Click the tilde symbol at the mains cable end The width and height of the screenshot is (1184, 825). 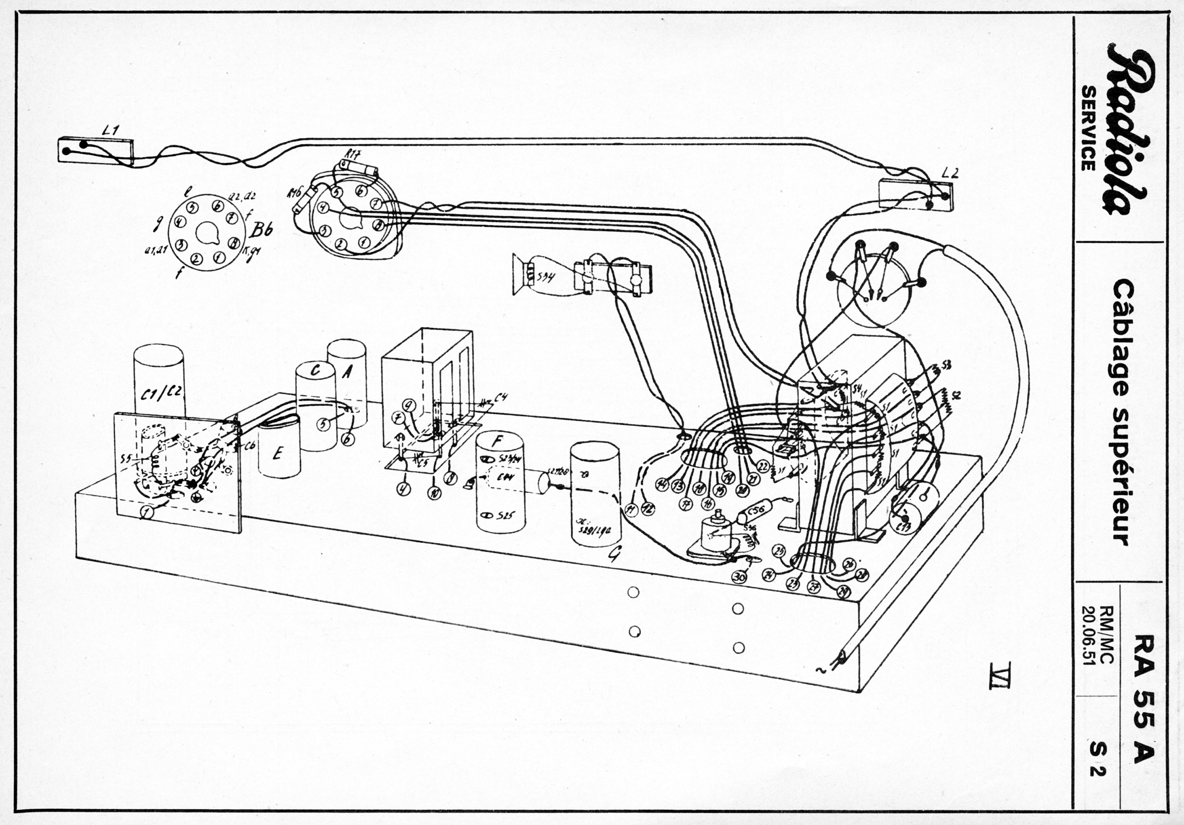[818, 670]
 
